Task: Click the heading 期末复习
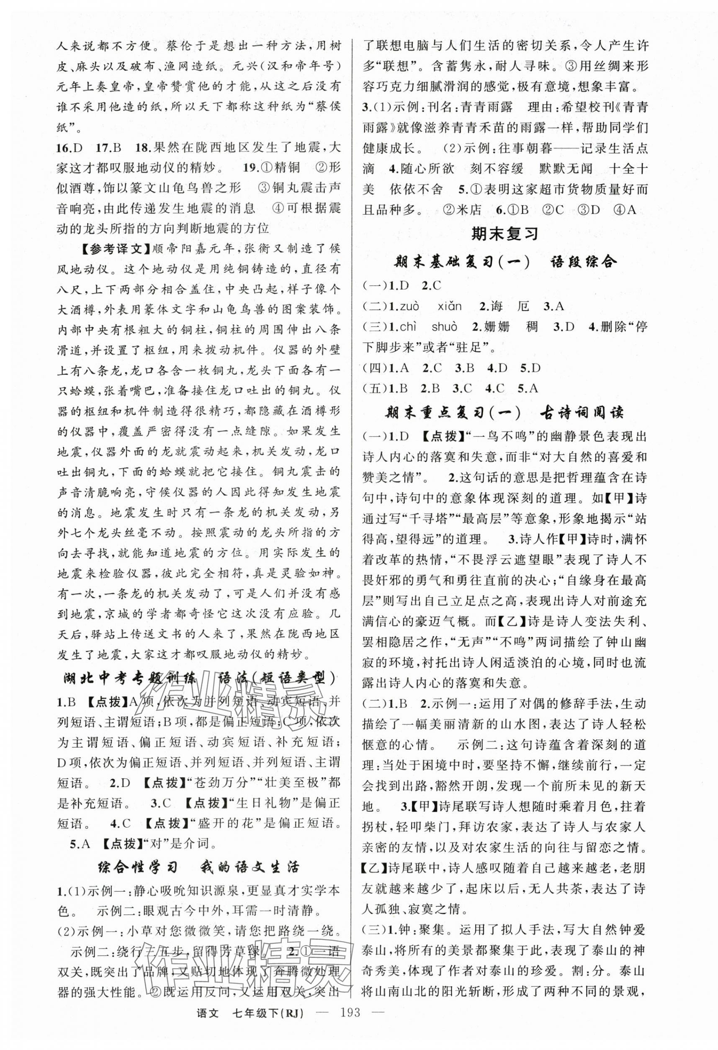pos(505,234)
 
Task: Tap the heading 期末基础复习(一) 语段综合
pos(505,262)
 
